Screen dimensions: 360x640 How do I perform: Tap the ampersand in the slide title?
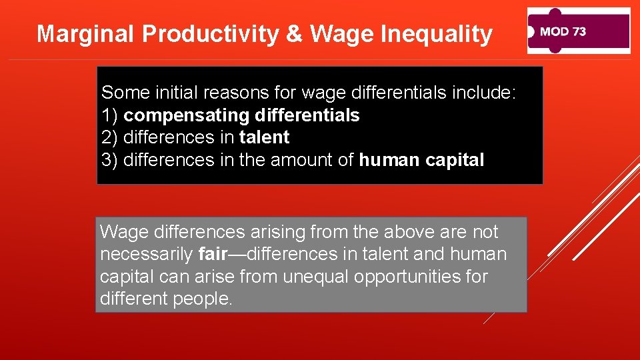[x=294, y=34]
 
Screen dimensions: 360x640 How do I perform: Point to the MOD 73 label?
[x=563, y=31]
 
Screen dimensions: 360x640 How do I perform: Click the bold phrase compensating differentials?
[x=241, y=115]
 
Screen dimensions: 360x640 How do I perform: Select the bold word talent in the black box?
[x=264, y=138]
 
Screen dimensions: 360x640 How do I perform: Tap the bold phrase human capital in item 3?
[x=421, y=161]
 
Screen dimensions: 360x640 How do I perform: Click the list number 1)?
[x=110, y=115]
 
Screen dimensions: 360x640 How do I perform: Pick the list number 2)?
[x=110, y=138]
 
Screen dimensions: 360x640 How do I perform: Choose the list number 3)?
[x=110, y=161]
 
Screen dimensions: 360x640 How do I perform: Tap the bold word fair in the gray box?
[x=213, y=254]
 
